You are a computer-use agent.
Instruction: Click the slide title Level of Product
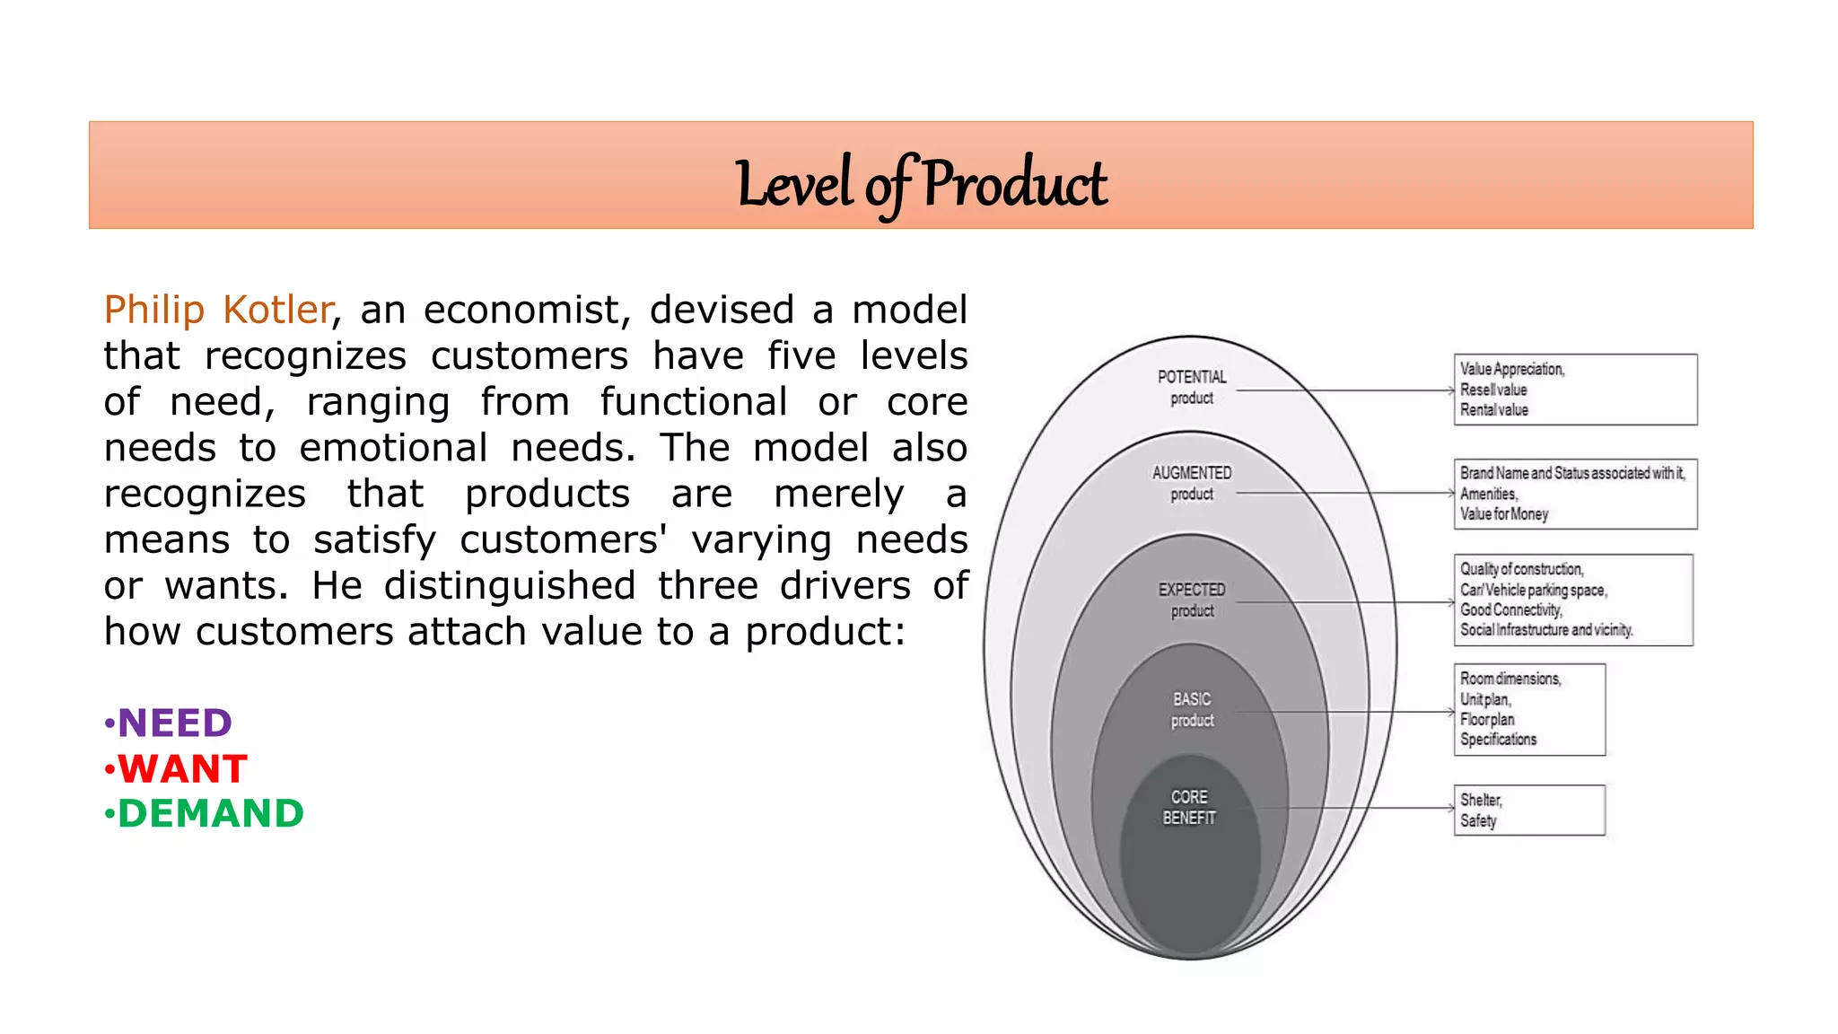921,183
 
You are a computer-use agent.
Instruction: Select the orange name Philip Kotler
218,310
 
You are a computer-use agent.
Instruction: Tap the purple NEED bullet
174,723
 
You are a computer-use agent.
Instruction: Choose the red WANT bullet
182,769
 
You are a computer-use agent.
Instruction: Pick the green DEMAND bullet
210,814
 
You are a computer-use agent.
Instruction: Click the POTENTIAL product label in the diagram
1191,387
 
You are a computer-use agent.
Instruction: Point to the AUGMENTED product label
1191,483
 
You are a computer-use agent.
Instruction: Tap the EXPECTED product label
1191,600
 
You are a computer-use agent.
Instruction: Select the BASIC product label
1191,709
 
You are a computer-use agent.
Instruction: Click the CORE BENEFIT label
1188,807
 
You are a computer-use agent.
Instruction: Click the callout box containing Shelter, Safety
1528,810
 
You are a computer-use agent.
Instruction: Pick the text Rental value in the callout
1493,410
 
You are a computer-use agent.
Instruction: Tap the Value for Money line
1503,514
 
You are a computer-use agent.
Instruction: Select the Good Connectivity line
1510,609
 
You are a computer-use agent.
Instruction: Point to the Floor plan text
1486,719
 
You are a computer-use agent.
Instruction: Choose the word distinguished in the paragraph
510,586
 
